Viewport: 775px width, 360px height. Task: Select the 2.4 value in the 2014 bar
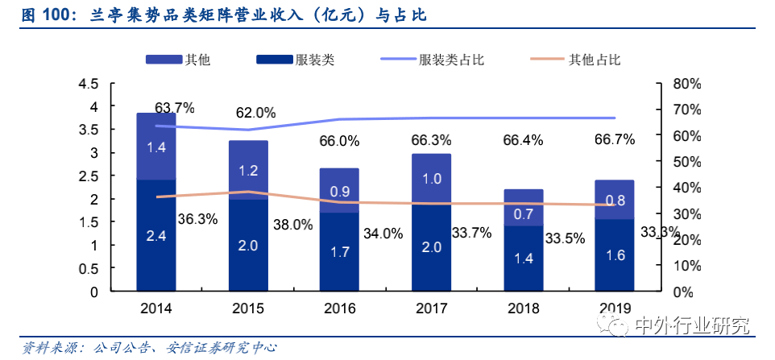click(x=155, y=236)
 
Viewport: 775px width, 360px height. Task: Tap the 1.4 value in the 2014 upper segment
click(x=155, y=147)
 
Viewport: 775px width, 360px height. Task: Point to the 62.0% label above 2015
click(x=255, y=113)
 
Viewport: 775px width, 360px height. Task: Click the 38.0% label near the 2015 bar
click(x=292, y=226)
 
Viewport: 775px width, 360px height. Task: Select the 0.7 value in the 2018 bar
click(x=523, y=213)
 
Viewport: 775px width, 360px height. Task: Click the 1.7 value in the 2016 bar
click(x=339, y=252)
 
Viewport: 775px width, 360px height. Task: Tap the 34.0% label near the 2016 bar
click(x=383, y=234)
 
